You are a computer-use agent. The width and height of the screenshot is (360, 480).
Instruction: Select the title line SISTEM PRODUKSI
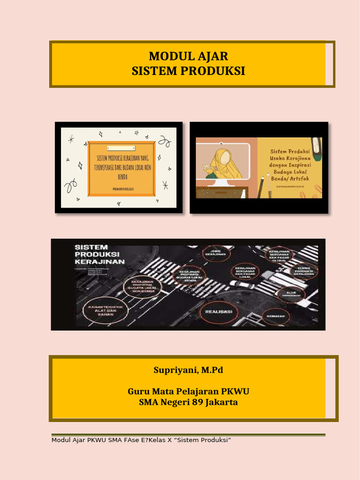tap(188, 71)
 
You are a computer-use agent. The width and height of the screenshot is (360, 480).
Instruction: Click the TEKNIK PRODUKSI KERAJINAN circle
tap(304, 271)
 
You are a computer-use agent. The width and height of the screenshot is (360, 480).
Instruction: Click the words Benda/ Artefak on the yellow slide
tap(290, 179)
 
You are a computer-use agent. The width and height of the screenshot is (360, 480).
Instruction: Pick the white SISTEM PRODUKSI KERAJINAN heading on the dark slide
tap(99, 254)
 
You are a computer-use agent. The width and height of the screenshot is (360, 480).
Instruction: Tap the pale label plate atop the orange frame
tap(121, 148)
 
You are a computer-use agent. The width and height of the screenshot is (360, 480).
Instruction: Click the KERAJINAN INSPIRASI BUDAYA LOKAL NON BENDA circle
tap(142, 287)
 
